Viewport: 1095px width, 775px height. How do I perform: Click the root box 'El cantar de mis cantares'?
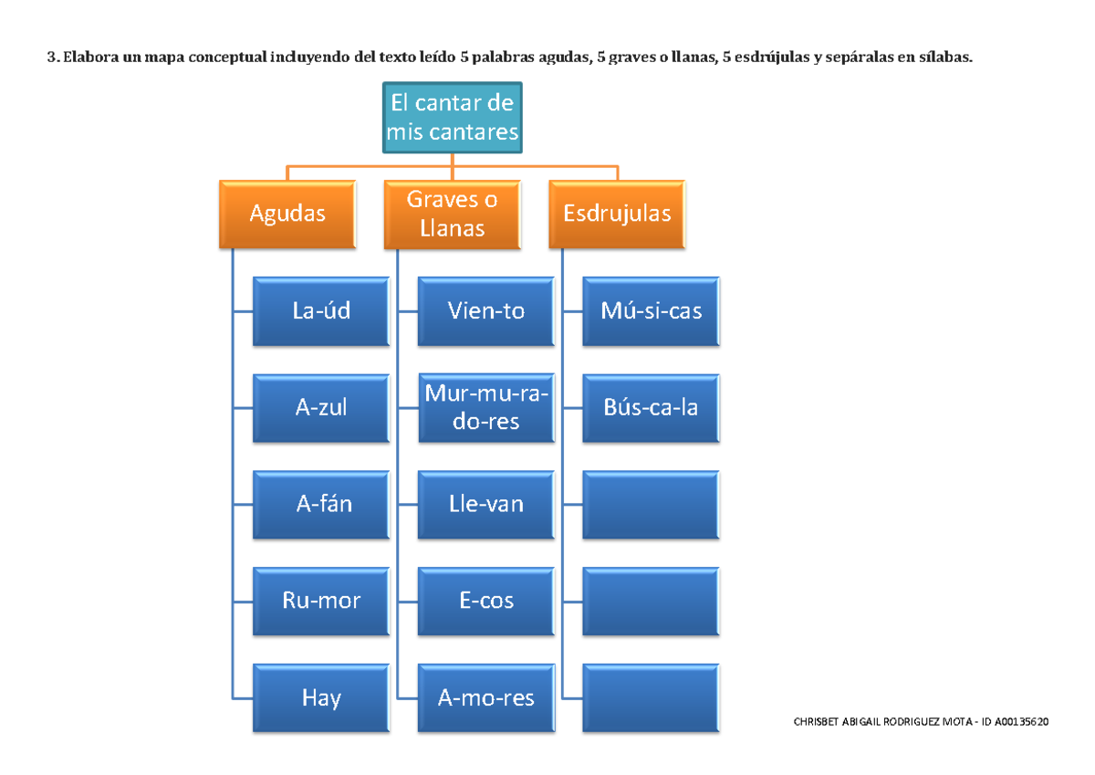[453, 119]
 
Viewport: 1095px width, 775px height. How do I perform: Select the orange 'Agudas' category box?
[287, 214]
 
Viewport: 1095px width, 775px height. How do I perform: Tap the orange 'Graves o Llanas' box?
[453, 214]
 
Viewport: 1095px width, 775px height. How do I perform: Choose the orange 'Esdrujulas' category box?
[617, 214]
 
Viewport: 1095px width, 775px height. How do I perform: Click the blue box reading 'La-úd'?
[321, 311]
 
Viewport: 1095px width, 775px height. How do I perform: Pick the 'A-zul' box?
[321, 408]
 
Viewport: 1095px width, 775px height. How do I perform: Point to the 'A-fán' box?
[321, 504]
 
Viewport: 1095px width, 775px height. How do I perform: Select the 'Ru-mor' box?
[321, 601]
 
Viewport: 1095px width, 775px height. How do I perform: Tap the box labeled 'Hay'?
[321, 698]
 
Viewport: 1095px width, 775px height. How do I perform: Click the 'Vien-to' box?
[486, 311]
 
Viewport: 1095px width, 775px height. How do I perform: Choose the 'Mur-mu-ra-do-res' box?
[486, 408]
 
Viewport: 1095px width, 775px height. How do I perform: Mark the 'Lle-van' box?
[486, 504]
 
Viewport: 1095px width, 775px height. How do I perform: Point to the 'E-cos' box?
[486, 601]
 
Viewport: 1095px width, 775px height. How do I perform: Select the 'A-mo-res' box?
[486, 698]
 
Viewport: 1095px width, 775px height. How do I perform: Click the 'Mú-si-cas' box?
[652, 311]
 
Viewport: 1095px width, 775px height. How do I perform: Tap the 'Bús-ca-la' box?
[652, 408]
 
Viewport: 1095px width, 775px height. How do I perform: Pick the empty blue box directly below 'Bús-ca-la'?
[652, 504]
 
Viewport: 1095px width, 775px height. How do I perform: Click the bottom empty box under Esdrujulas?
[652, 698]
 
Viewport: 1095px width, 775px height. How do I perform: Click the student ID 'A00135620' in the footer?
[1022, 722]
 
